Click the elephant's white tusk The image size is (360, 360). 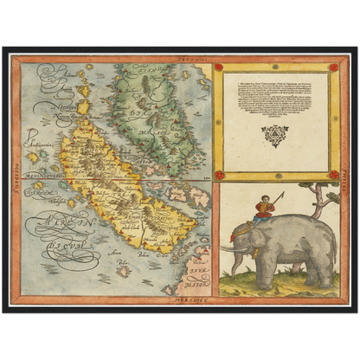[x=228, y=249]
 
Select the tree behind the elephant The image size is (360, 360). [x=321, y=195]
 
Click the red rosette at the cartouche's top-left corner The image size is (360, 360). [x=219, y=67]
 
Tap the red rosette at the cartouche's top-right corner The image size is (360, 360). [x=333, y=67]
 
